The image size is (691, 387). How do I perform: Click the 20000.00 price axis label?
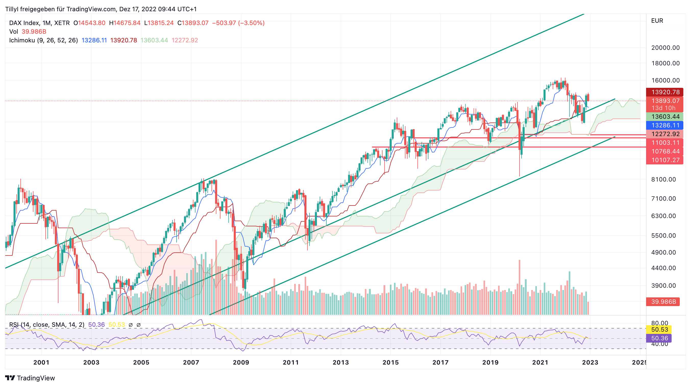(665, 48)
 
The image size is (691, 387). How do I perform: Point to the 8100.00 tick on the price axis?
(663, 179)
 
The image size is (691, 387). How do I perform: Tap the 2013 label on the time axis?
(340, 362)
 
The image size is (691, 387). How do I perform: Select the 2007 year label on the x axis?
(191, 362)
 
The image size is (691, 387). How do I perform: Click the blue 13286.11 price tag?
(665, 125)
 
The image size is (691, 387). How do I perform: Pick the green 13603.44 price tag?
(665, 116)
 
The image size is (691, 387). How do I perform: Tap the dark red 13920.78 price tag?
(665, 92)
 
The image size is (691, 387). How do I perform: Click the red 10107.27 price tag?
(665, 160)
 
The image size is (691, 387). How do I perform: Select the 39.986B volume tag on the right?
(663, 302)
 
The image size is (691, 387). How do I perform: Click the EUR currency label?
(657, 21)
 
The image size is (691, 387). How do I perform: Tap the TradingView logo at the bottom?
(30, 378)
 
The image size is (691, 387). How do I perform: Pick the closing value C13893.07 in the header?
(193, 23)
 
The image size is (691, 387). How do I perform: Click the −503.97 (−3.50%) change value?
(238, 23)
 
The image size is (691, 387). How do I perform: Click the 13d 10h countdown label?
(663, 108)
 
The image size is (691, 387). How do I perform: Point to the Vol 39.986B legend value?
(34, 32)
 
